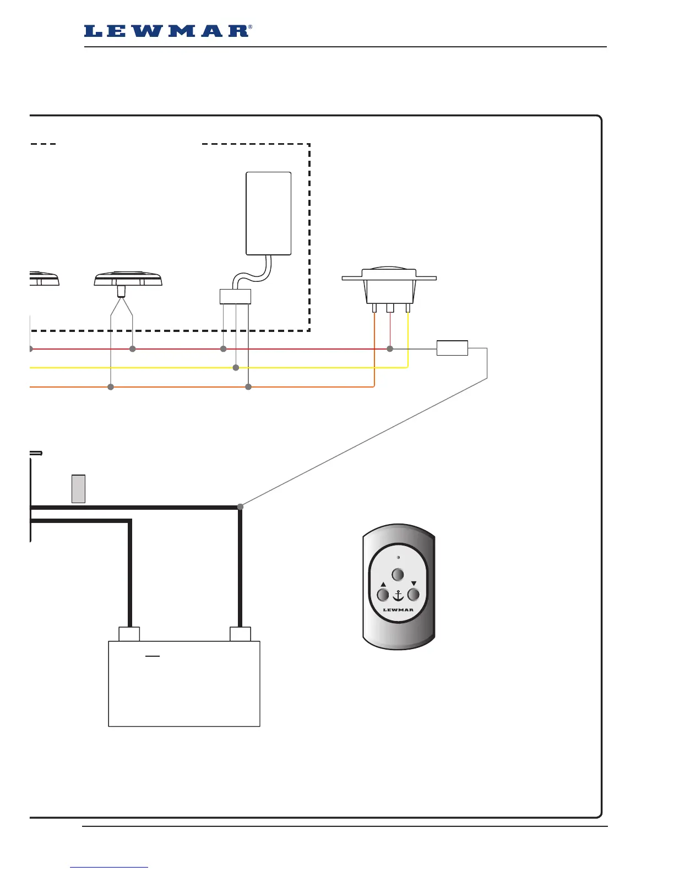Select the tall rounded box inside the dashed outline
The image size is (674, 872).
coord(268,214)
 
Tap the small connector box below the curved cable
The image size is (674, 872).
coord(235,297)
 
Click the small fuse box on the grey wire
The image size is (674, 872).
coord(452,348)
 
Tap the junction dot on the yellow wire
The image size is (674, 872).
coord(236,367)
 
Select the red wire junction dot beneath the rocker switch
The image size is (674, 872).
coord(390,348)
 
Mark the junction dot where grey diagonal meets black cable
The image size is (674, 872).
coord(240,506)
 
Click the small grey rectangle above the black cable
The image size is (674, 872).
coord(78,488)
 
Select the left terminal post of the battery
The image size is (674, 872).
coord(129,634)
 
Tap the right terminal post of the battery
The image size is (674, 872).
coord(240,634)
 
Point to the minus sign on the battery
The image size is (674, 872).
coord(152,656)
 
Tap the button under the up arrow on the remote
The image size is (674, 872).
coord(383,595)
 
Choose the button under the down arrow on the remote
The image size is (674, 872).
coord(413,595)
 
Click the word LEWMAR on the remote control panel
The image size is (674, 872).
coord(398,610)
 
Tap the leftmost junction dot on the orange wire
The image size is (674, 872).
coord(111,387)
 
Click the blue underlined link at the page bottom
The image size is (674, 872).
coord(109,867)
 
